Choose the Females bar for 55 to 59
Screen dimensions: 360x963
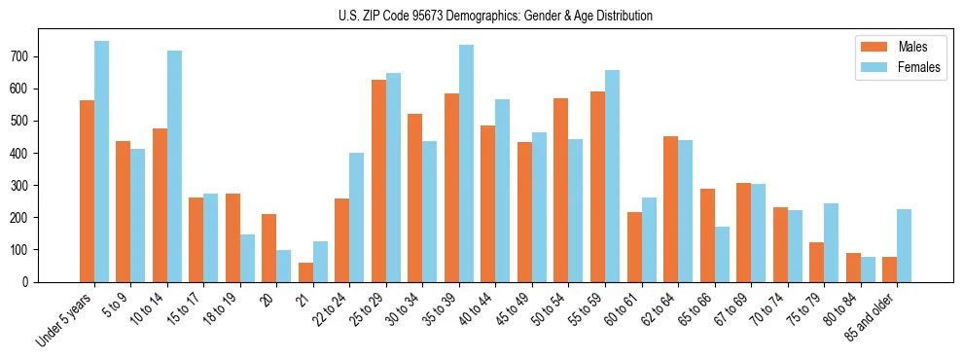point(612,176)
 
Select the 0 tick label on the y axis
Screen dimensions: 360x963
point(32,282)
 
